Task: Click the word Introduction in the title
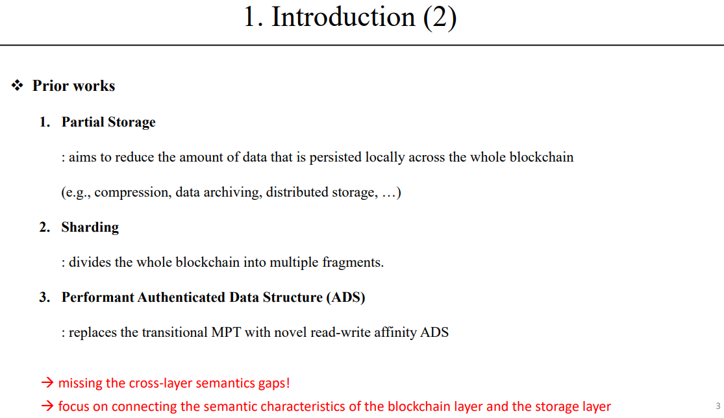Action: pyautogui.click(x=343, y=17)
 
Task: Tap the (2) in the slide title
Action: pyautogui.click(x=440, y=17)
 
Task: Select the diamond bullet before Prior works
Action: pyautogui.click(x=18, y=86)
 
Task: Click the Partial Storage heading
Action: pyautogui.click(x=108, y=122)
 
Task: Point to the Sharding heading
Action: pyautogui.click(x=90, y=227)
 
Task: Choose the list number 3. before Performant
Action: pyautogui.click(x=45, y=297)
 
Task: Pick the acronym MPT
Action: pyautogui.click(x=227, y=332)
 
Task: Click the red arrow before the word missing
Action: pyautogui.click(x=47, y=383)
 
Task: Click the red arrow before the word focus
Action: pyautogui.click(x=47, y=407)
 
